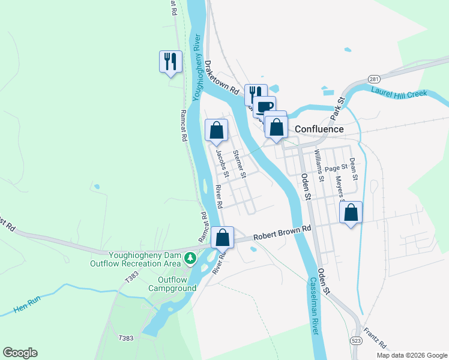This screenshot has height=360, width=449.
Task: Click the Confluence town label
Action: coord(319,129)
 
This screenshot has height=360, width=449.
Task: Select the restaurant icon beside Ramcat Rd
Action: coord(170,61)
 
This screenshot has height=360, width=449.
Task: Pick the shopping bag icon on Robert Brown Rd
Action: coord(222,237)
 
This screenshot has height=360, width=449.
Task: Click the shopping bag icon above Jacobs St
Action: coord(217,130)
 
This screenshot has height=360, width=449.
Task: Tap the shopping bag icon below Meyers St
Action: coord(351,212)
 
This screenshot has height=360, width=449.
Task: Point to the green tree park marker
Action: coord(190,258)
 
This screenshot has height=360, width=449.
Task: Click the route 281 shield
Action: coord(374,79)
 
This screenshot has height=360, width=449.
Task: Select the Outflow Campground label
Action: coord(176,284)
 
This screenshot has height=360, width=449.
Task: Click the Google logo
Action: coord(20,353)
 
